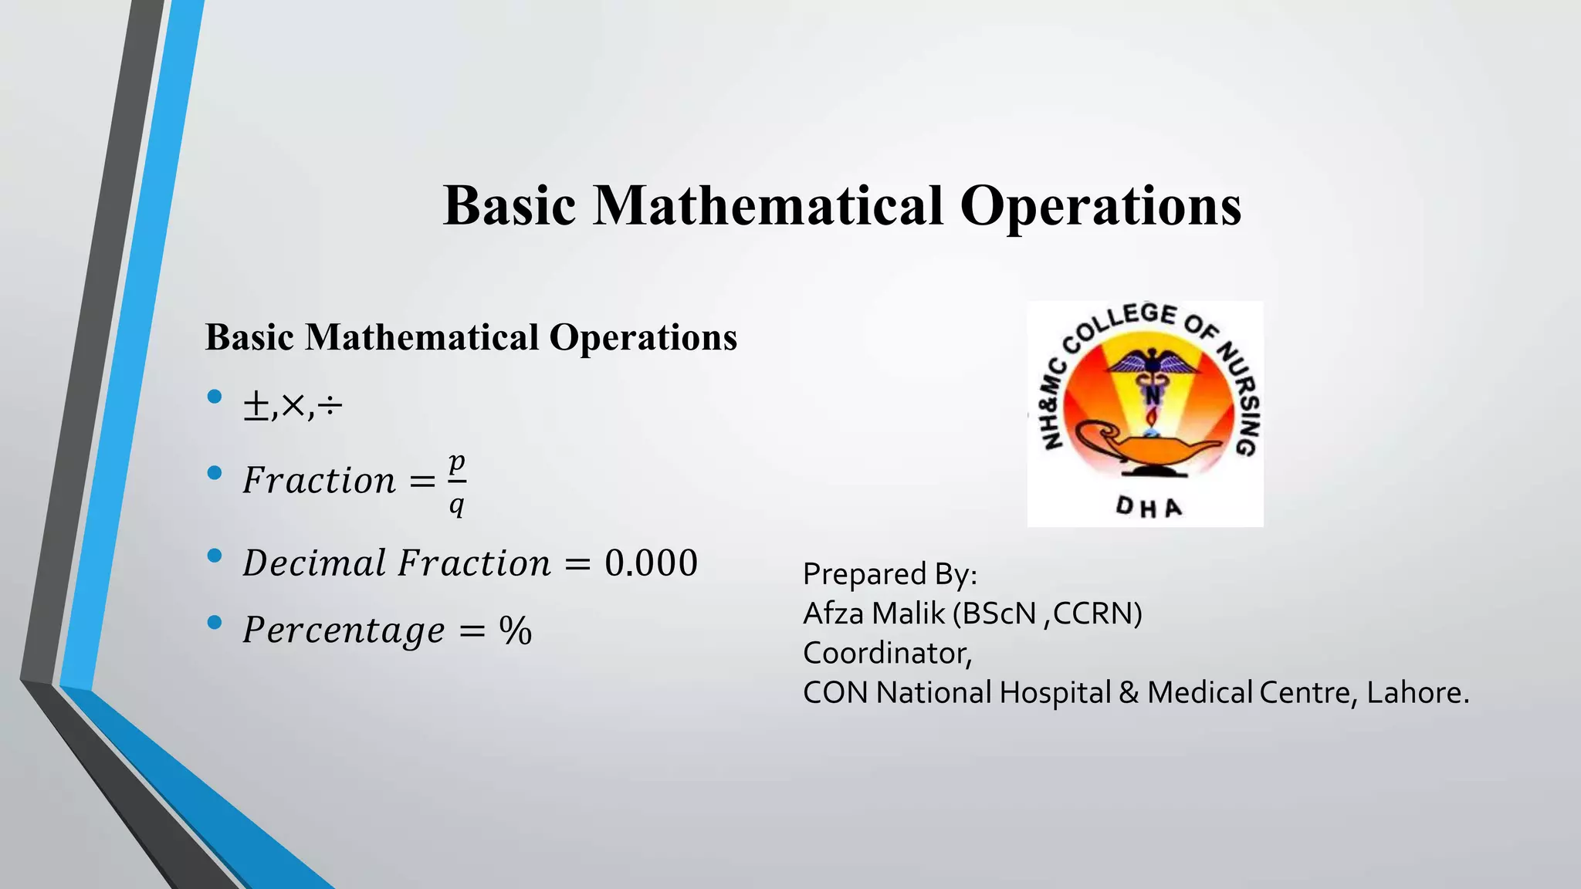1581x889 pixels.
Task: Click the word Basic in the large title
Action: (x=510, y=206)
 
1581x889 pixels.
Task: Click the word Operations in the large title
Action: (x=1100, y=206)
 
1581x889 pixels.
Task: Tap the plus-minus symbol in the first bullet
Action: (x=256, y=406)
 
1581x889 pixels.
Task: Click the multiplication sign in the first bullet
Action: (x=293, y=405)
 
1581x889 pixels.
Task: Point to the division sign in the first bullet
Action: (x=330, y=406)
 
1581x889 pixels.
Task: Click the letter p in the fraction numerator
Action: (x=457, y=463)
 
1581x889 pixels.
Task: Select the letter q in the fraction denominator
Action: (x=457, y=505)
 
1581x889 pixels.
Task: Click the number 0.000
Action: (x=651, y=563)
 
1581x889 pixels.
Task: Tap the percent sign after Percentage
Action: (x=515, y=630)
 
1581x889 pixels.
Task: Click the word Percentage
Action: (x=344, y=630)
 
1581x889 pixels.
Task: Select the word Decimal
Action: (x=314, y=563)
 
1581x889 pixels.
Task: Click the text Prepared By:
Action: (x=889, y=574)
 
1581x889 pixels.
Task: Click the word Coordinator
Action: (x=886, y=653)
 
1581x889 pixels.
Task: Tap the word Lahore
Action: (x=1417, y=692)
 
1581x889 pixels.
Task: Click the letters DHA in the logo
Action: (x=1149, y=507)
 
